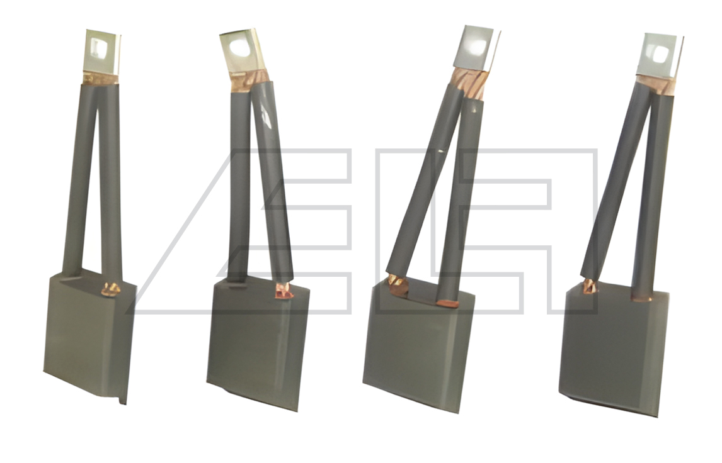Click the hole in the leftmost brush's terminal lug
tap(98, 48)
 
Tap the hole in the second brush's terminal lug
tap(240, 48)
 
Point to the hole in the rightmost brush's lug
tap(660, 54)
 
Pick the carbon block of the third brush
tap(418, 345)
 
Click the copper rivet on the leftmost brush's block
tap(110, 289)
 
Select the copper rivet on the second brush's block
tap(284, 291)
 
